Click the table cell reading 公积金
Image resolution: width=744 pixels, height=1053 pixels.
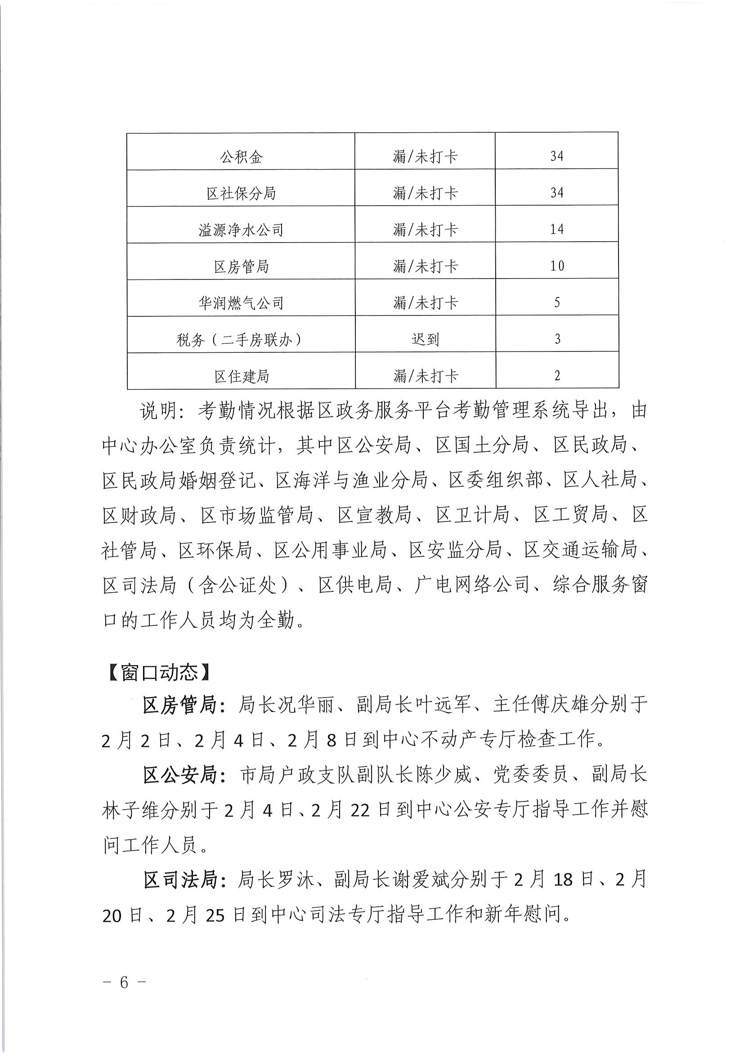click(x=241, y=157)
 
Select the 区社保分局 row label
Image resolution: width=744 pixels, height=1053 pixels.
click(x=241, y=193)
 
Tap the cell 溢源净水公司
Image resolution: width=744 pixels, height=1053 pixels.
click(x=241, y=230)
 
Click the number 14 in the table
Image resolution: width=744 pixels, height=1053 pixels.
click(x=556, y=229)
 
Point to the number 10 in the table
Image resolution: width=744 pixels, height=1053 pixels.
click(x=557, y=266)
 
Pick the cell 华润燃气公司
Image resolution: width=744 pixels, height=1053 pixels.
click(x=241, y=303)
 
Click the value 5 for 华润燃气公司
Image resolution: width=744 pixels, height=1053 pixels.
click(x=557, y=303)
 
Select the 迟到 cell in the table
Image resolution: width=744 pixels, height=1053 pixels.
click(x=425, y=339)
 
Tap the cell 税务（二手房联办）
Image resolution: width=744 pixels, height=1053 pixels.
click(x=241, y=340)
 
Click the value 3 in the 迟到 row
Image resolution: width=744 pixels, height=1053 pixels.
click(x=557, y=339)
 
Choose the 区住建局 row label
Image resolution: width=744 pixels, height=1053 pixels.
click(x=241, y=377)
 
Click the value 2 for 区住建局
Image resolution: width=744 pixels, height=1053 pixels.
click(x=557, y=376)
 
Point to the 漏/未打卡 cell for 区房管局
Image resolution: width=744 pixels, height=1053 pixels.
click(x=425, y=266)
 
